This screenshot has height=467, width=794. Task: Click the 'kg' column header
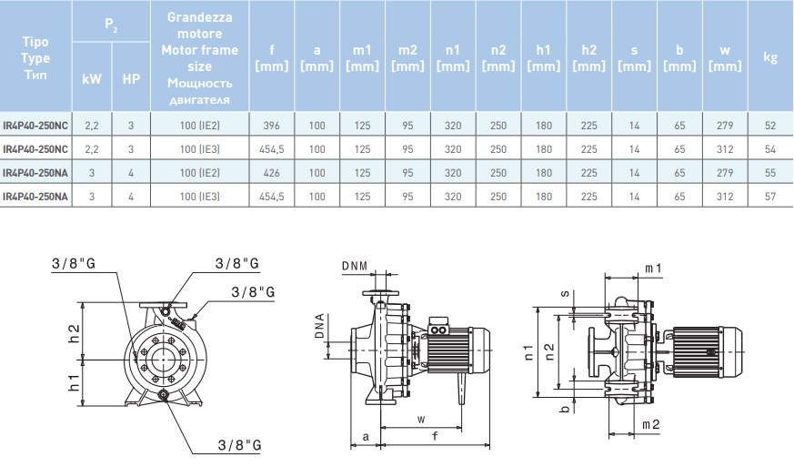(770, 57)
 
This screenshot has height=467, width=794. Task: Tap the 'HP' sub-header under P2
(131, 79)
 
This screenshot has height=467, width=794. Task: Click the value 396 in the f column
(270, 126)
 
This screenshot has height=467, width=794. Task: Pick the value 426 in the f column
(270, 172)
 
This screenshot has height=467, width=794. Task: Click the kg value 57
(770, 195)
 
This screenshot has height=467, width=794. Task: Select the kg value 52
(770, 126)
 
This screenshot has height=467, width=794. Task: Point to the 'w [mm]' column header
(725, 57)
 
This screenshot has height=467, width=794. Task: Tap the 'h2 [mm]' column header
(588, 57)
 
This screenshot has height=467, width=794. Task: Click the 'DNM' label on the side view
(356, 265)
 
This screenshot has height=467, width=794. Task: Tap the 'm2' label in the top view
(651, 425)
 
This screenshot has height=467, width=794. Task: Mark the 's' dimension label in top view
(565, 294)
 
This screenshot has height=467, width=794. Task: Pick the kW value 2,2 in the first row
(92, 126)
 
